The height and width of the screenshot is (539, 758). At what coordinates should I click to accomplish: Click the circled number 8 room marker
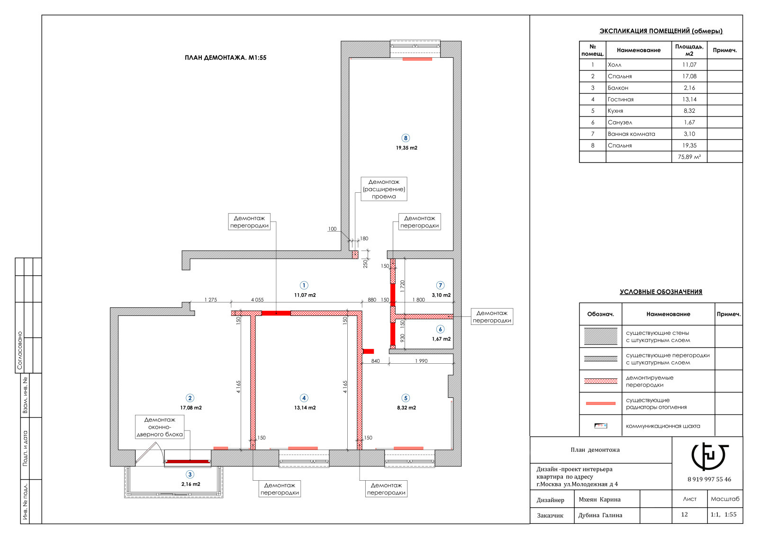coord(406,138)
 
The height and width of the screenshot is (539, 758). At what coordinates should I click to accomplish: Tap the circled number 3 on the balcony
coord(190,475)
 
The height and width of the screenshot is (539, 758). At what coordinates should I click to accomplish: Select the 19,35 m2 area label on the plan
coord(406,148)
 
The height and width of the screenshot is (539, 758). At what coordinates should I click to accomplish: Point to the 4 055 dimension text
coord(257,300)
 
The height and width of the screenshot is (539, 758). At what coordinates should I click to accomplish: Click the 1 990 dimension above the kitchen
coord(421,361)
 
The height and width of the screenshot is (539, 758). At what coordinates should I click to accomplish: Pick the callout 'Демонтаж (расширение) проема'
coord(384,189)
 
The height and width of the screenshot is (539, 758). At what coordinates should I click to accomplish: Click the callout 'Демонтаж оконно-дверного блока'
coord(160,427)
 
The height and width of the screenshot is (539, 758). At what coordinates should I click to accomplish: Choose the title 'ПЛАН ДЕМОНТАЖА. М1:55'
coord(226,57)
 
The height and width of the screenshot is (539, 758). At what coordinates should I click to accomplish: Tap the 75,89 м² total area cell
coord(689,157)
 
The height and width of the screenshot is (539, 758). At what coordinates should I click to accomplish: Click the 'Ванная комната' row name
coord(632,134)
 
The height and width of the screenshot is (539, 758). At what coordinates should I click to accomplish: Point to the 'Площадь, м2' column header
coord(689,50)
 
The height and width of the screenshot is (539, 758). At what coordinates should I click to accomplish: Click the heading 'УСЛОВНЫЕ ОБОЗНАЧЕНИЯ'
coord(661,292)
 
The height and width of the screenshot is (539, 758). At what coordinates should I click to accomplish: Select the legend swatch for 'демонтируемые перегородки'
coord(601,381)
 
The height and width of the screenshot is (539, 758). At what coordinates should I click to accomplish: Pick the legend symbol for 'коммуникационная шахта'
coord(601,426)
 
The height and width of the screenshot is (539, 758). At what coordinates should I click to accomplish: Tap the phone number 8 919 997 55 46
coord(709,479)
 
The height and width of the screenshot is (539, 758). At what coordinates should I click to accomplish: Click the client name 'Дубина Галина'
coord(600,515)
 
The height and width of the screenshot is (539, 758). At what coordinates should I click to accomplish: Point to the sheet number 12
coord(684,515)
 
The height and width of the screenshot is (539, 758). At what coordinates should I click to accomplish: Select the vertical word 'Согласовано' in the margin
coord(19,350)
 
